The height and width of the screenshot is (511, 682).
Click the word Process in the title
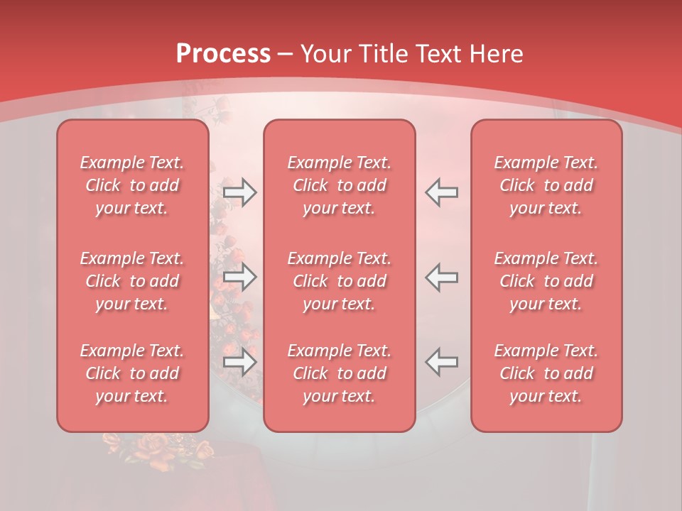click(223, 54)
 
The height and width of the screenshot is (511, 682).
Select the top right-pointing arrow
click(240, 192)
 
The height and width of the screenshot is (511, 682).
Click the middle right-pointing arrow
click(240, 277)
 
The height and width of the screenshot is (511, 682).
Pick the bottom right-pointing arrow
click(240, 362)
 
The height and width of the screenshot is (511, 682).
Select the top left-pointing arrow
click(442, 192)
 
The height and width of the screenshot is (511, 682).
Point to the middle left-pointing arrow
click(442, 277)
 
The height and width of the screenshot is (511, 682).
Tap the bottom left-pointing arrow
click(442, 362)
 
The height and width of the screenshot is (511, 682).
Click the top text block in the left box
click(132, 185)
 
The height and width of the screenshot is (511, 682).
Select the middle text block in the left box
click(132, 281)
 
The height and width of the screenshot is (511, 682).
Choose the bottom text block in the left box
click(132, 373)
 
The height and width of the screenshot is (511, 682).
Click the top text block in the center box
click(339, 185)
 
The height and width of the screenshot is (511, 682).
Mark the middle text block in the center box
click(339, 281)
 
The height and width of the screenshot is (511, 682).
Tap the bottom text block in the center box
click(339, 373)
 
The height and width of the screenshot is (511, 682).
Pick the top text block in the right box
click(546, 185)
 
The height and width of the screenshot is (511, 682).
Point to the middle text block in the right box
click(546, 281)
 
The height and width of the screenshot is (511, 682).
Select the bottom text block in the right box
click(546, 373)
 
